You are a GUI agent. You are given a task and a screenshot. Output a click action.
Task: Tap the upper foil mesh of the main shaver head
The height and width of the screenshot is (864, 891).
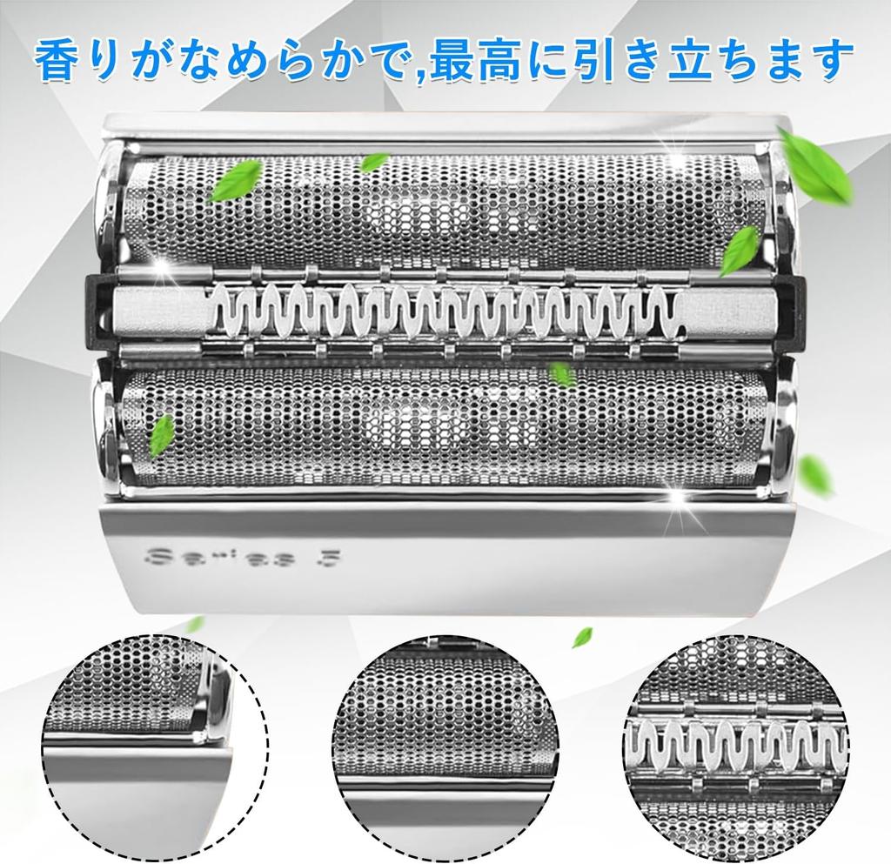(x=444, y=209)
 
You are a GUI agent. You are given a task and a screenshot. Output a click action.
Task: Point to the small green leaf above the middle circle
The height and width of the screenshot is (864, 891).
(x=581, y=638)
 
